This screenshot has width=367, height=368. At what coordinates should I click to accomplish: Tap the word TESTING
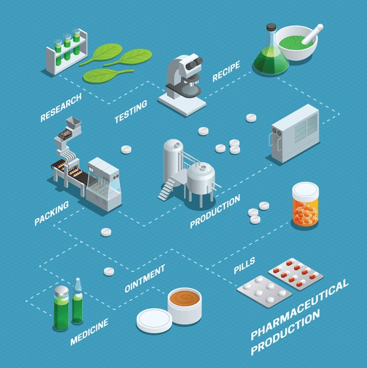coord(131,111)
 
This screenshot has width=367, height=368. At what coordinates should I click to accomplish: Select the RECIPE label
coord(225,72)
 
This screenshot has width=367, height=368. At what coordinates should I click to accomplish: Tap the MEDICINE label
coord(90,332)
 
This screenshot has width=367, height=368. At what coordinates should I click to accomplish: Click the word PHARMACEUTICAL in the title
coord(299,309)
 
